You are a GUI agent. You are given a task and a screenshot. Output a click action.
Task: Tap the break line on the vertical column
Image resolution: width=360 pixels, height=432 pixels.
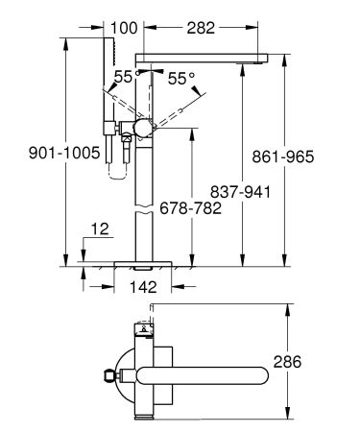click(x=142, y=213)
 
